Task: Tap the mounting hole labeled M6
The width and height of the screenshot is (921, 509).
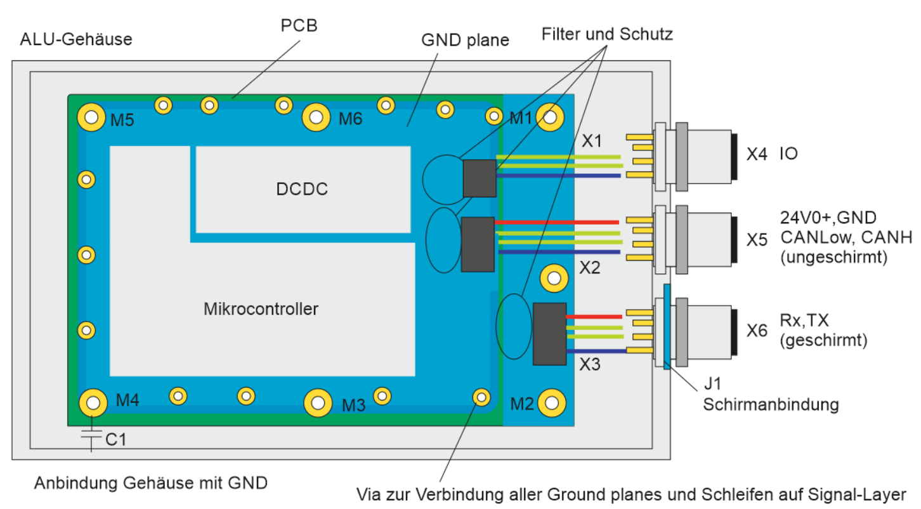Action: (x=316, y=116)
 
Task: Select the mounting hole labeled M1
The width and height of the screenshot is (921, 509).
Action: (x=549, y=116)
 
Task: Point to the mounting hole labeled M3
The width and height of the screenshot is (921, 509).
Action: (x=317, y=402)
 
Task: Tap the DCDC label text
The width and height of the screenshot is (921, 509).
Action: (x=302, y=189)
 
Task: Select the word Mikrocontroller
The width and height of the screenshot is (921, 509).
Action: (x=261, y=309)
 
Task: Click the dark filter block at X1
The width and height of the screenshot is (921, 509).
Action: (x=479, y=178)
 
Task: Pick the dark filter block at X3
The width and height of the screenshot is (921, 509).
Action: (x=549, y=334)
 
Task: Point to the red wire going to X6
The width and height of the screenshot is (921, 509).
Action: (x=593, y=316)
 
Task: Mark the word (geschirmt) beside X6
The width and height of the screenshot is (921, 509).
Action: (x=822, y=340)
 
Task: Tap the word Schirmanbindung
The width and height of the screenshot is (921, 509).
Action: (x=771, y=404)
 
